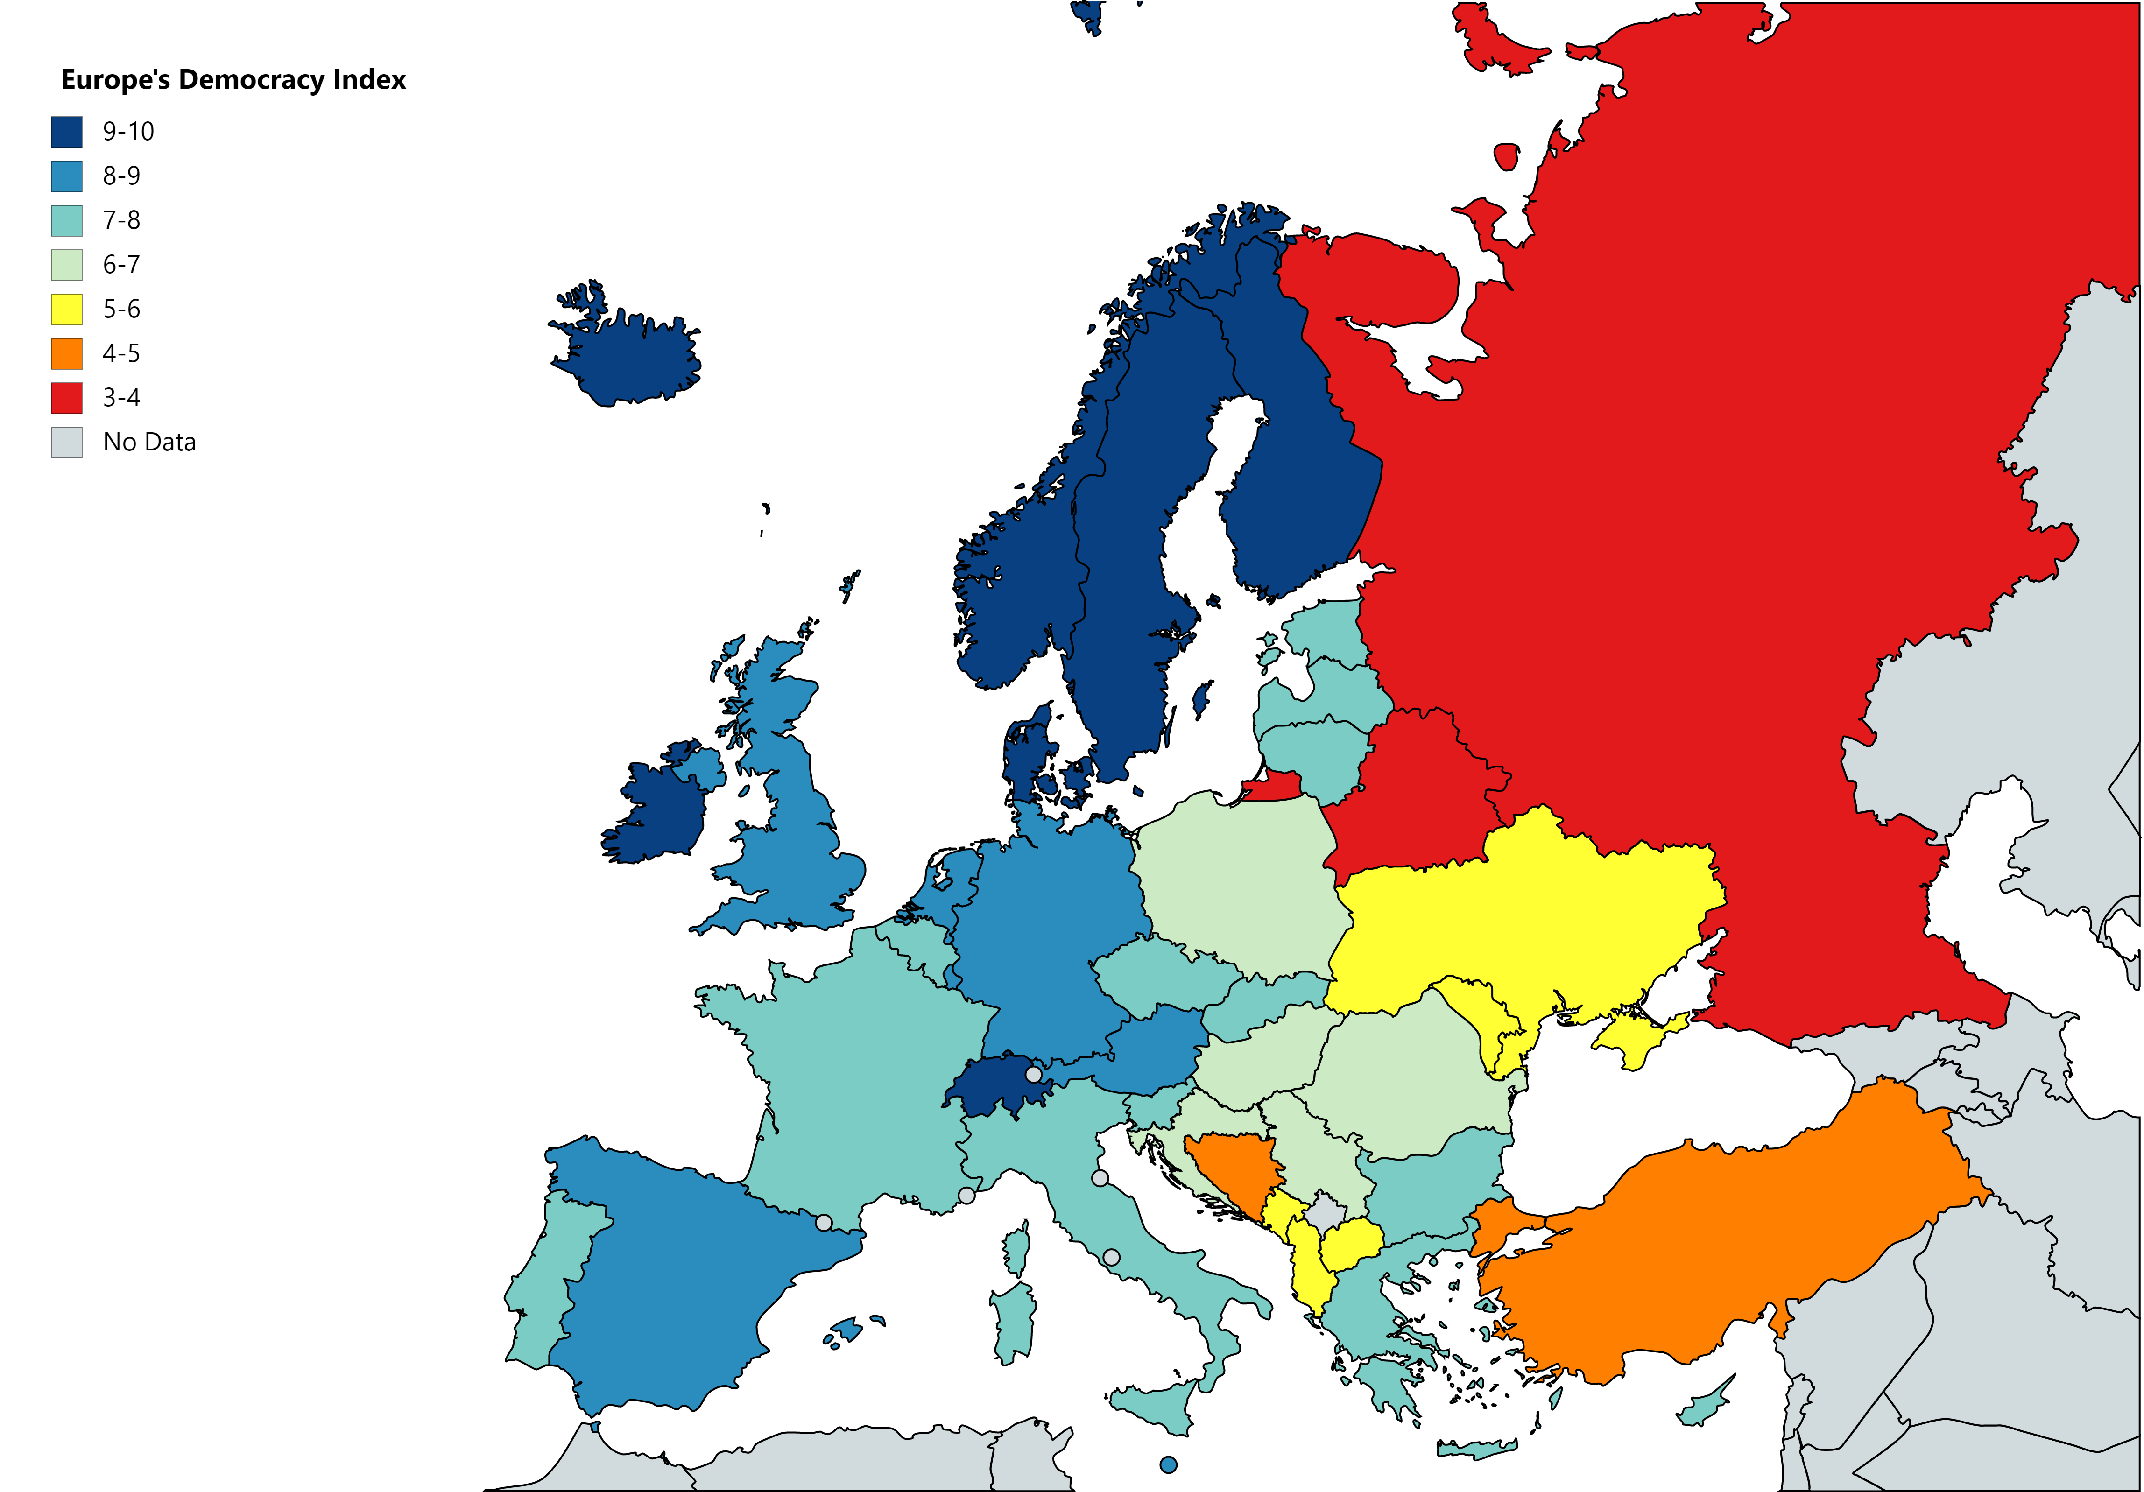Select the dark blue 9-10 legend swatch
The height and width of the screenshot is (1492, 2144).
click(66, 132)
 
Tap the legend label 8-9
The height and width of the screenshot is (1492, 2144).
click(121, 176)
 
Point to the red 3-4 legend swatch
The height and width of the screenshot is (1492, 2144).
click(66, 398)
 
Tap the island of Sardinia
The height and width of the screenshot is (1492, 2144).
click(1013, 1321)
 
